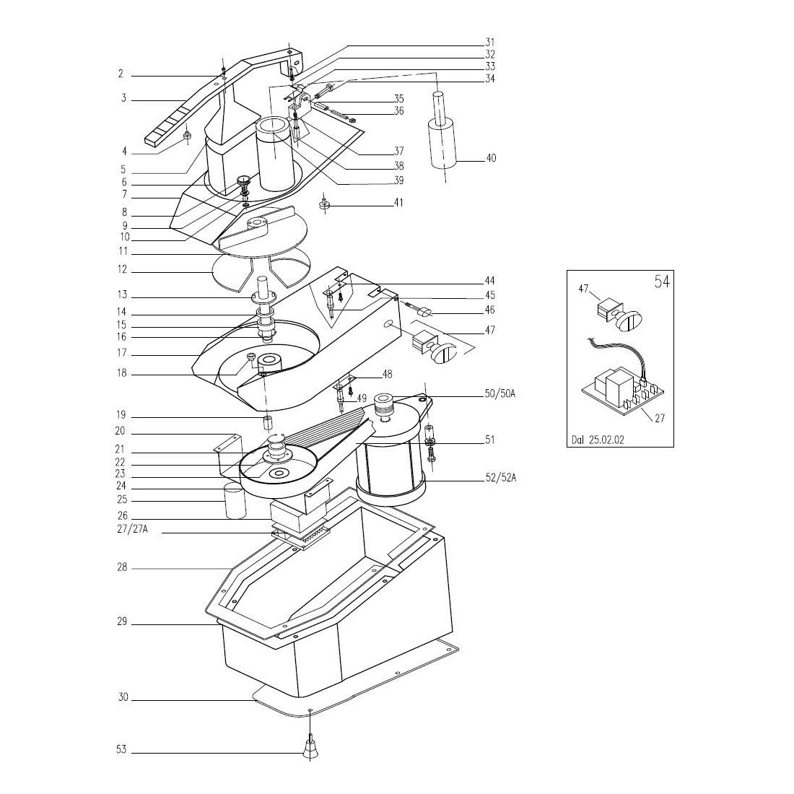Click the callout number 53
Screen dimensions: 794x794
[121, 750]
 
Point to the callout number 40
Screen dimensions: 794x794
[490, 158]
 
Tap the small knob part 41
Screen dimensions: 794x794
[324, 206]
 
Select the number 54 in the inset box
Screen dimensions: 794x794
[661, 282]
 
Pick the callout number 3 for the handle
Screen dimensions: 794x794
[123, 98]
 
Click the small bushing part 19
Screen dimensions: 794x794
[267, 420]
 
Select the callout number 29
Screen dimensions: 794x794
[122, 621]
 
